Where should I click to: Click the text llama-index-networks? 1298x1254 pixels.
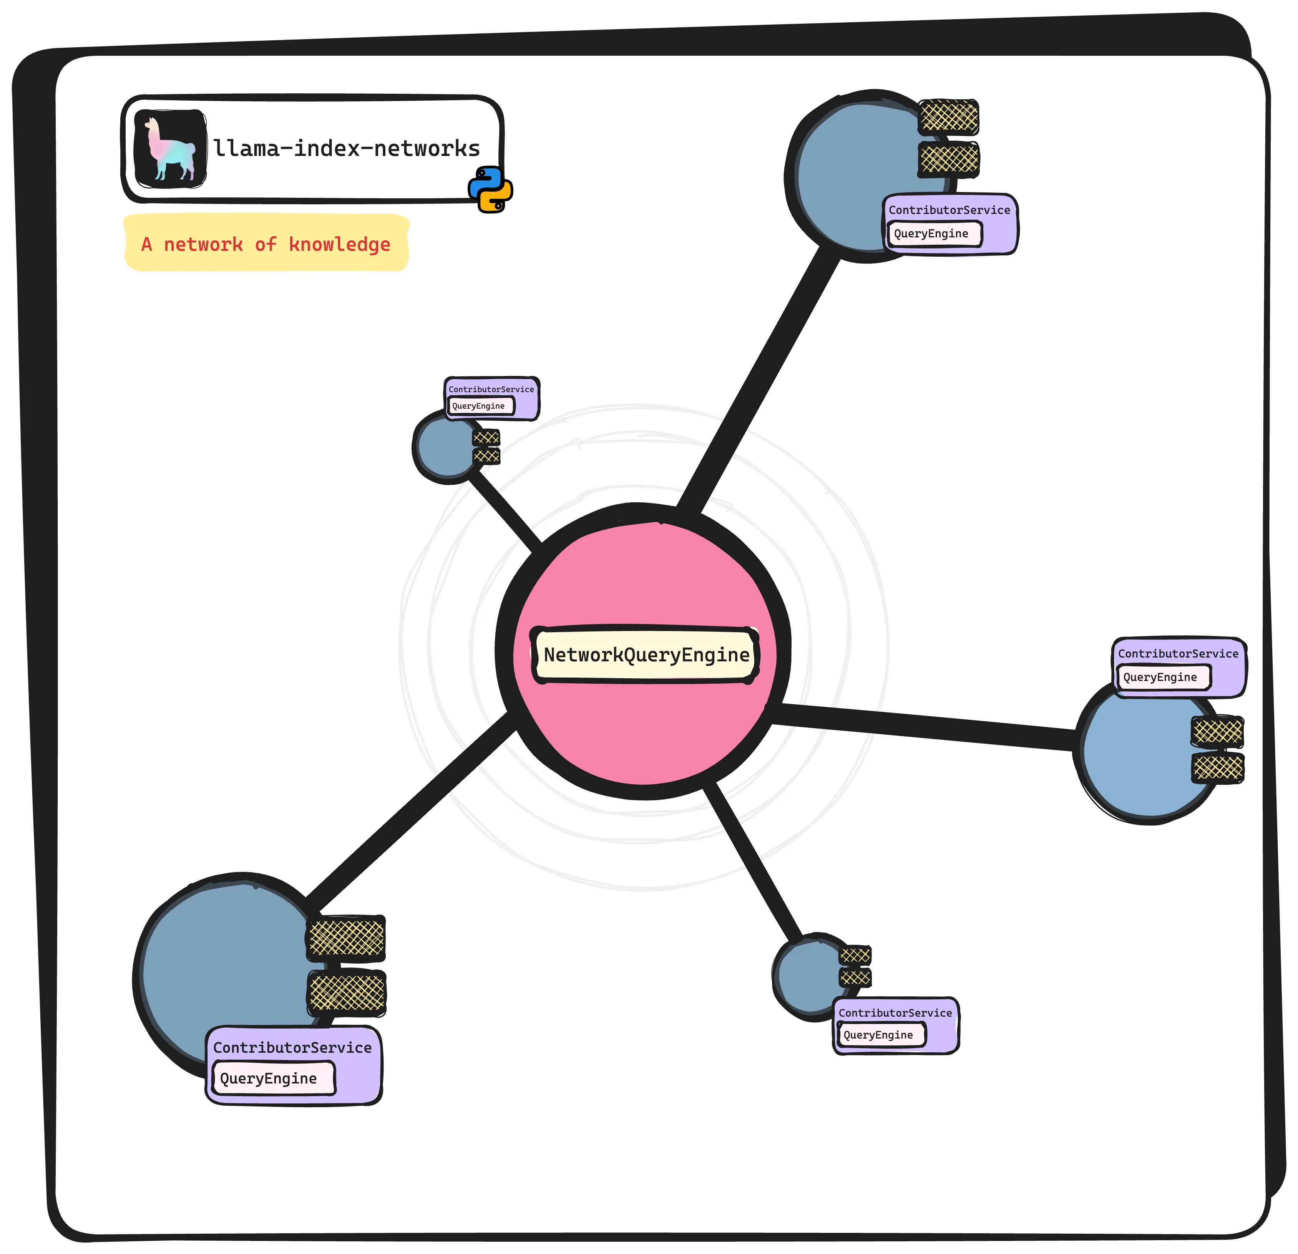click(x=346, y=148)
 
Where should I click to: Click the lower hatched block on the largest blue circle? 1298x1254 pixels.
click(x=346, y=993)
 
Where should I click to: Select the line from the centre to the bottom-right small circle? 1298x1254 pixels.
click(x=754, y=861)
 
